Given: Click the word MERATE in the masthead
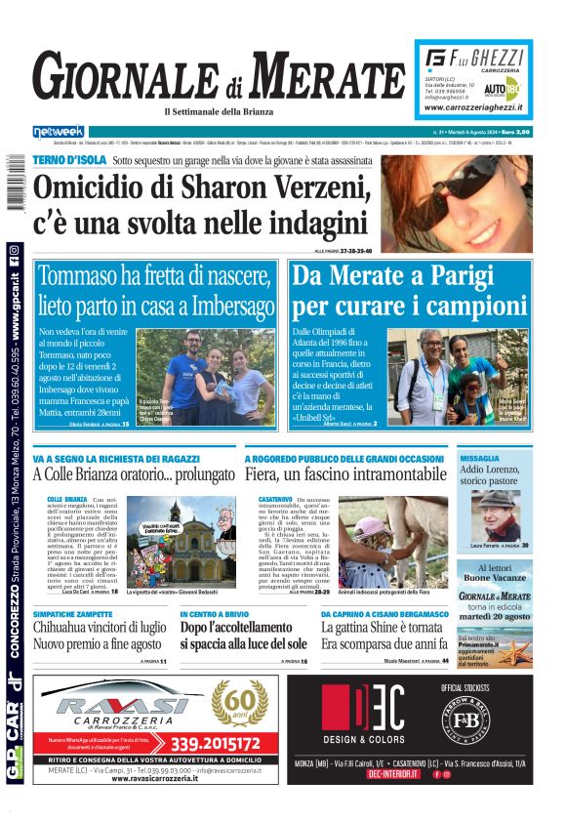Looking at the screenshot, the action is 317,76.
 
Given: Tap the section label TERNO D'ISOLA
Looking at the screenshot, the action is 68,158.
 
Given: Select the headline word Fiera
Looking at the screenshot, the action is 265,474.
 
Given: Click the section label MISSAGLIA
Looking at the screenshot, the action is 480,457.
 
